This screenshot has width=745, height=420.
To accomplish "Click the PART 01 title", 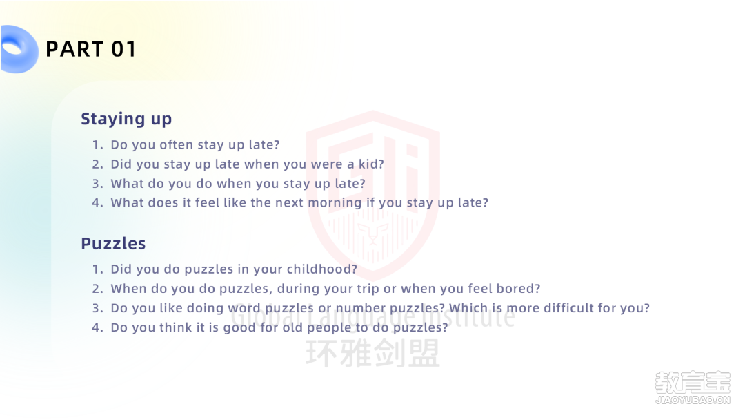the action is click(91, 50).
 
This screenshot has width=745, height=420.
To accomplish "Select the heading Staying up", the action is click(126, 119).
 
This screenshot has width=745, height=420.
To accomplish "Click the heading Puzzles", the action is click(113, 244).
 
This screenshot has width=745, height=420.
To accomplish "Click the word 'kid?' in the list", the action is click(371, 164).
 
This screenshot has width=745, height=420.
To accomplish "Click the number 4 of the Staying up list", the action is click(97, 203).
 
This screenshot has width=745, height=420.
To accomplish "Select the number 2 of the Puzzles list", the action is click(97, 289).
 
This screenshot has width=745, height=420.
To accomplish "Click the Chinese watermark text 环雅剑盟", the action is click(373, 354).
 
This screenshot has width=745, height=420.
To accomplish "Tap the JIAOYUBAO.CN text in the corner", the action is click(693, 400).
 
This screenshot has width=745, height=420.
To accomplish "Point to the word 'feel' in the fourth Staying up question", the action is click(207, 203).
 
